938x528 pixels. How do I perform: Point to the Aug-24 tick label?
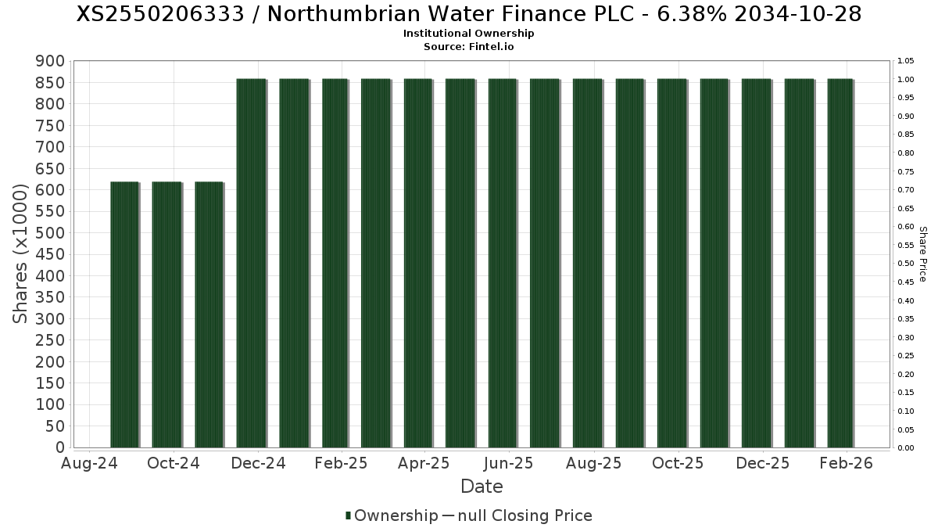tap(89, 463)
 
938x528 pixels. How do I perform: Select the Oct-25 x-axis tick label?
tap(678, 463)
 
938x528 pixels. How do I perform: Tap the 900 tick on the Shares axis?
tap(54, 61)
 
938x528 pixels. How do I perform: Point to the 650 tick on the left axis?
tap(54, 168)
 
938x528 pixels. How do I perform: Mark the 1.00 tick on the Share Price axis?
tap(907, 80)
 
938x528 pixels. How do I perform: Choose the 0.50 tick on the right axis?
tap(907, 264)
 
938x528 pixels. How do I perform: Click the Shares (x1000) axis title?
tap(21, 253)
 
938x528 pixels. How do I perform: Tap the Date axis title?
tap(482, 487)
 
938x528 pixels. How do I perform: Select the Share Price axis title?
tap(922, 253)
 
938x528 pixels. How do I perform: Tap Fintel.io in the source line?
tap(492, 46)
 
